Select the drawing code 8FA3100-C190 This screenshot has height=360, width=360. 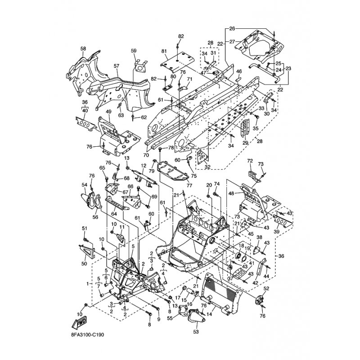tap(87, 335)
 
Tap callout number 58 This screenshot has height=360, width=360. tap(83, 49)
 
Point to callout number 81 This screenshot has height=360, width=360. tap(164, 51)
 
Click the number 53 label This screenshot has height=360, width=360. tap(196, 332)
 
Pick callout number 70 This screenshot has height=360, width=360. tap(146, 155)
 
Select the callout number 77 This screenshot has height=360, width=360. tap(189, 185)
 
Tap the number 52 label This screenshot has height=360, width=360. tap(266, 288)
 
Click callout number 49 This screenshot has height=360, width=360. tap(108, 112)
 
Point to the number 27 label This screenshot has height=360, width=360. tap(232, 42)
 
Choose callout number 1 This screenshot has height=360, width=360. tap(87, 284)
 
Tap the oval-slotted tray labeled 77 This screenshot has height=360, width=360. tap(173, 171)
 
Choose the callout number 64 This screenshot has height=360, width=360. tap(114, 214)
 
